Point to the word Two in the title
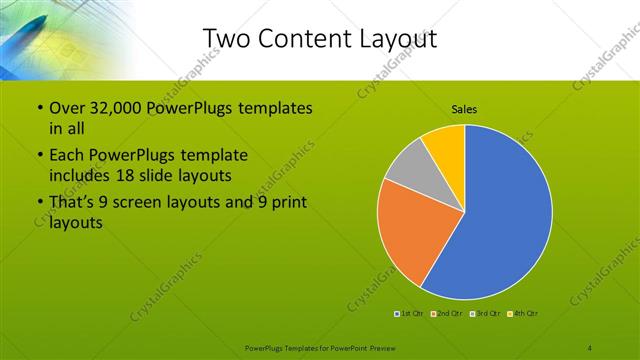pos(224,38)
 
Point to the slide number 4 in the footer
pos(591,347)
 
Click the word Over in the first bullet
pos(67,108)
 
